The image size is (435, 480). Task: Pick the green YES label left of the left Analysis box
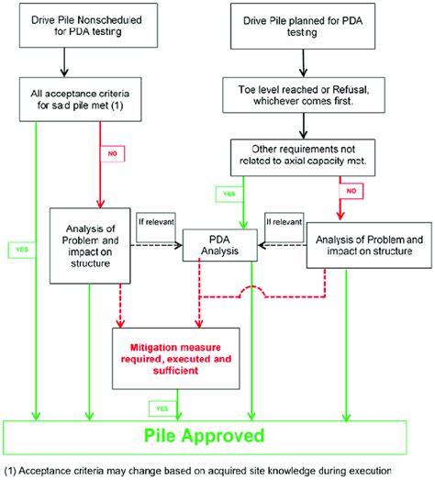pyautogui.click(x=19, y=248)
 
